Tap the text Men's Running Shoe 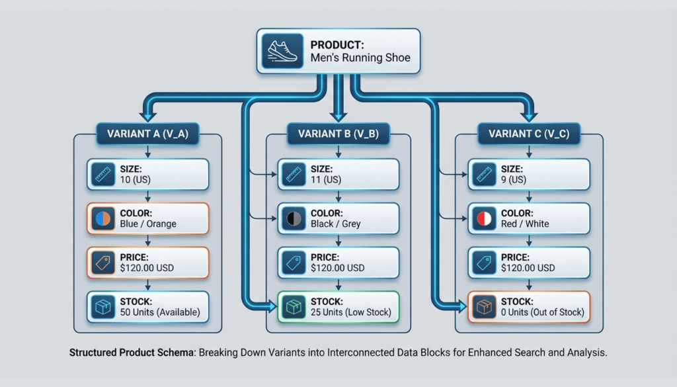tap(360, 58)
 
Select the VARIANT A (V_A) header tap(147, 134)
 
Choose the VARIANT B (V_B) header tap(338, 134)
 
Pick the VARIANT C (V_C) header tap(530, 134)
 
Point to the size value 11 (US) tap(325, 180)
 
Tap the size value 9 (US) tap(514, 180)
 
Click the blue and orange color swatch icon tap(103, 219)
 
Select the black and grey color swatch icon tap(294, 219)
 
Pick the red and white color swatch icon tap(485, 219)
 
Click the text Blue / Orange tap(149, 224)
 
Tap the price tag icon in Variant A tap(103, 263)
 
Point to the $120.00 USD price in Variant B tap(337, 268)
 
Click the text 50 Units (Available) tap(161, 312)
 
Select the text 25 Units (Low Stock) tap(351, 312)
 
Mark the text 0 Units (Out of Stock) tap(543, 312)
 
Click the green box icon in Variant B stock tap(294, 307)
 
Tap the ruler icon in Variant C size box tap(485, 175)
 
